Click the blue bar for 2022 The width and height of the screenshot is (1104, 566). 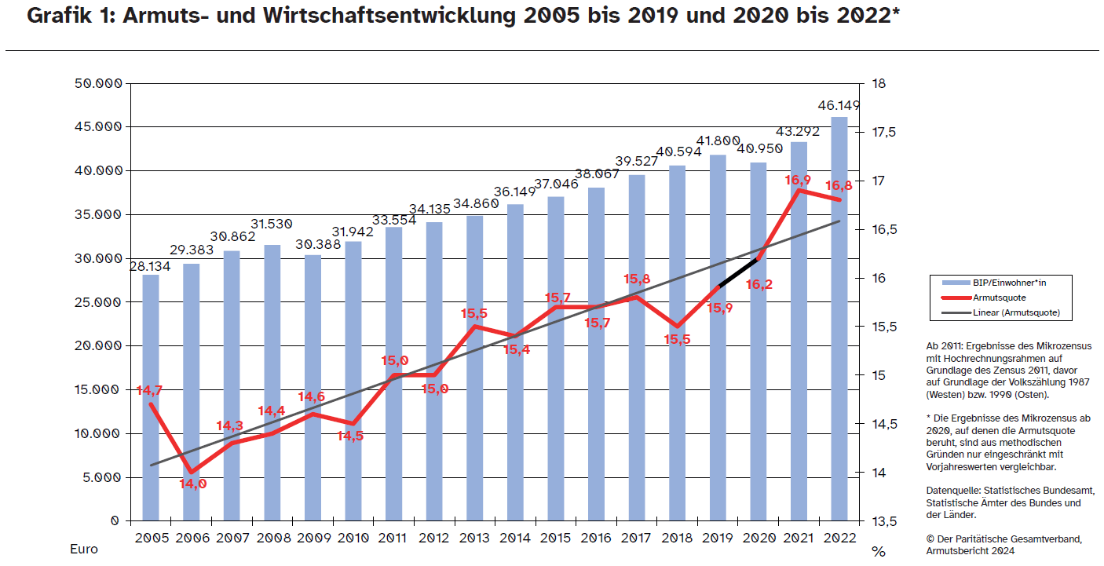pyautogui.click(x=839, y=314)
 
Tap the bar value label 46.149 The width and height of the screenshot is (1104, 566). pyautogui.click(x=839, y=105)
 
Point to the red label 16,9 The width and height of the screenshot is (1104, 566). pyautogui.click(x=798, y=181)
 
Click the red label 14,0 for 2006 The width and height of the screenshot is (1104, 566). pyautogui.click(x=192, y=484)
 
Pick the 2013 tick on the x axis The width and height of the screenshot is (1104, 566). pyautogui.click(x=475, y=538)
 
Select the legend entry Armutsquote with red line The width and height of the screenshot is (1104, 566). pyautogui.click(x=999, y=298)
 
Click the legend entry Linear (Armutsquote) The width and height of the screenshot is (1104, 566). pyautogui.click(x=1016, y=312)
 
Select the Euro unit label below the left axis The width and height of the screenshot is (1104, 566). pyautogui.click(x=84, y=549)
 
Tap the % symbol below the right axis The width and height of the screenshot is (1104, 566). pyautogui.click(x=878, y=551)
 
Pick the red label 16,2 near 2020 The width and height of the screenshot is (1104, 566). pyautogui.click(x=759, y=284)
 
